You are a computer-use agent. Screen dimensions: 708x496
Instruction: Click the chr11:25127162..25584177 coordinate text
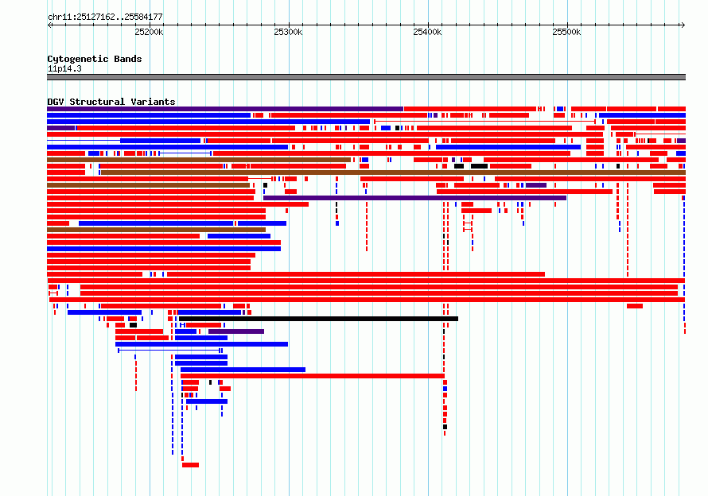coord(105,17)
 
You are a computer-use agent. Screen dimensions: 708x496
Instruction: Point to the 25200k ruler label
coord(149,32)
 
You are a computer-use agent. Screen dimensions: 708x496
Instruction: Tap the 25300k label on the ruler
coord(288,32)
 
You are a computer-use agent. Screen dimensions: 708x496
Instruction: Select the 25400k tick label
coord(427,32)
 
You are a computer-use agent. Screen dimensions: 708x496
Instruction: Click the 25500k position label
coord(566,32)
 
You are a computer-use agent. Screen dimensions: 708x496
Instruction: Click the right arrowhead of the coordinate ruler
coord(683,25)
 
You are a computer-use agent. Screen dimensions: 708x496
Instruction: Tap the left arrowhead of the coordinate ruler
coord(49,25)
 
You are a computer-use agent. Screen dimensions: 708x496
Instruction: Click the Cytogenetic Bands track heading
coord(95,59)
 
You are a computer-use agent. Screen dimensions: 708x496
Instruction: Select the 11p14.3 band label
coord(64,68)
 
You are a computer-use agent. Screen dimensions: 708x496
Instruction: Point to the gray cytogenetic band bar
coord(366,77)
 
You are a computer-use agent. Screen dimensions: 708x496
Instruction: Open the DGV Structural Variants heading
coord(111,102)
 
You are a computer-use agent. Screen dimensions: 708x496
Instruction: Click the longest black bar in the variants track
coord(319,319)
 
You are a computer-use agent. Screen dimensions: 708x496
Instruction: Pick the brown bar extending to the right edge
coord(393,172)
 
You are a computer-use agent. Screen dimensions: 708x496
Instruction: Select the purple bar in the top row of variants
coord(225,109)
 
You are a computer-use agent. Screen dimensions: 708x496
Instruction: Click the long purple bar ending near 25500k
coord(414,198)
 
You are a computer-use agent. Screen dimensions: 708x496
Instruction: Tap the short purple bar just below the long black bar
coord(236,331)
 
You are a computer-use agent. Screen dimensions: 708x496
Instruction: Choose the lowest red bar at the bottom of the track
coord(191,465)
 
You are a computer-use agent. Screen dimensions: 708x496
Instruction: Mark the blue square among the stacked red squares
coord(445,389)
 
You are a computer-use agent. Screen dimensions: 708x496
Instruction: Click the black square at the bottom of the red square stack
coord(445,427)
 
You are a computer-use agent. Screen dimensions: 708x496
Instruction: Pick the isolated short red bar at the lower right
coord(634,306)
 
